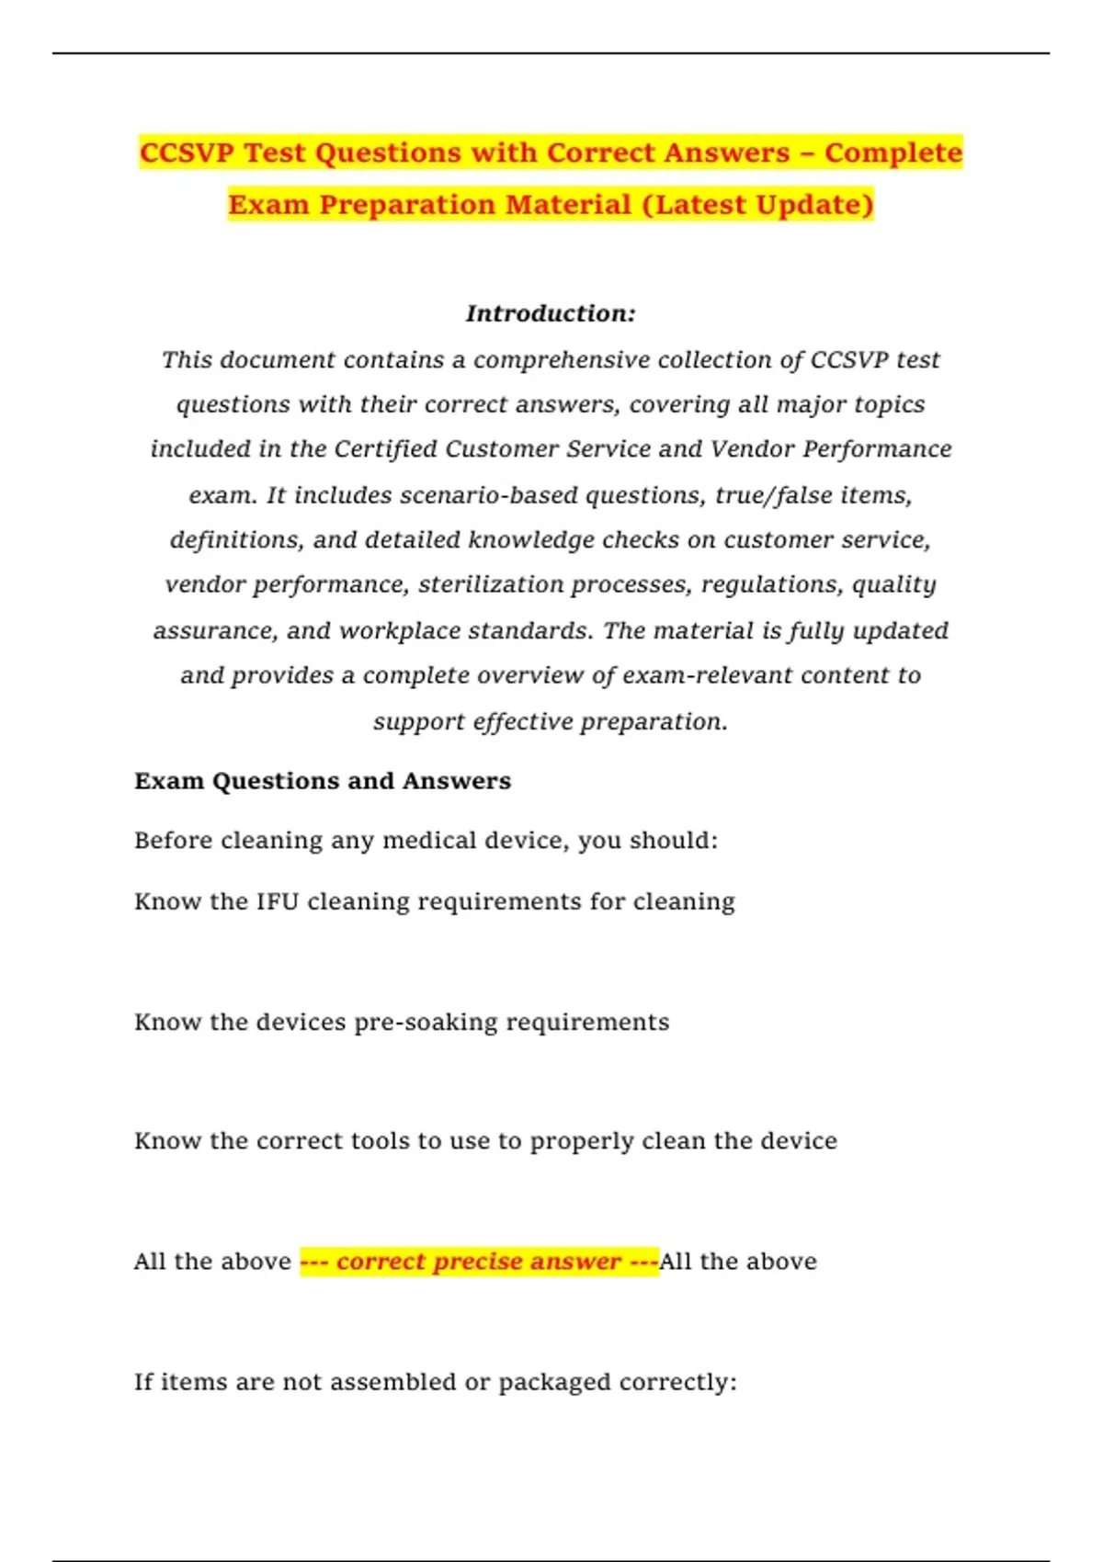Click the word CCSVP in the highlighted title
[187, 153]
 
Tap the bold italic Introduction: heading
[551, 313]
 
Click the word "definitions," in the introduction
[236, 539]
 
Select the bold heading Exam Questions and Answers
[323, 781]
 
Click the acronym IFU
[278, 901]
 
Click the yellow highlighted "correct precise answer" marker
[479, 1262]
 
